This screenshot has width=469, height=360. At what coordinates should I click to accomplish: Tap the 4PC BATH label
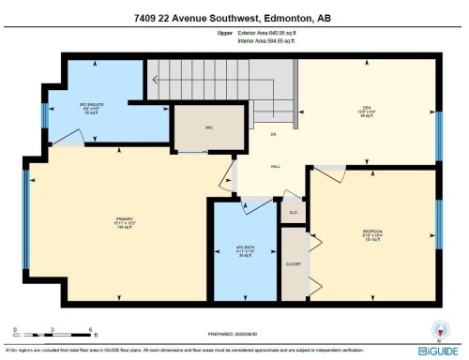(x=245, y=251)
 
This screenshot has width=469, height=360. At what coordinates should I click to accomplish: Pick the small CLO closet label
(x=293, y=212)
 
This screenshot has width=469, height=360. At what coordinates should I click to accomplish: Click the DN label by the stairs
(x=273, y=136)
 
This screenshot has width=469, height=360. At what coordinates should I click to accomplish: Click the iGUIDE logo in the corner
(x=442, y=351)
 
